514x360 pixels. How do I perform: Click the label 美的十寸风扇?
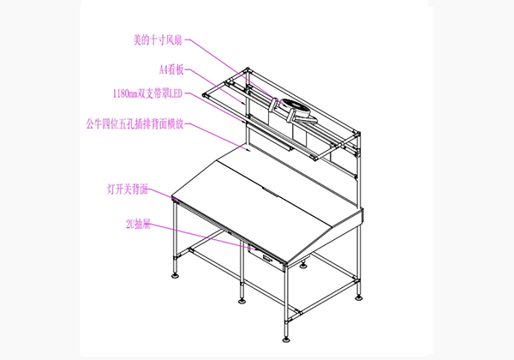(158, 40)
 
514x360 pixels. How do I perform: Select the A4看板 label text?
(171, 69)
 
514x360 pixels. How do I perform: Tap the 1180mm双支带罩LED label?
(147, 93)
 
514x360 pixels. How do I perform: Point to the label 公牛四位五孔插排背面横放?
(134, 124)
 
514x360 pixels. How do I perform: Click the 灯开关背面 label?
(128, 189)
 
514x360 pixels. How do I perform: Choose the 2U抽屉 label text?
(138, 225)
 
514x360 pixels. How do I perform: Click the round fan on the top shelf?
(296, 108)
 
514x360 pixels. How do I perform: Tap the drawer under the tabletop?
(266, 258)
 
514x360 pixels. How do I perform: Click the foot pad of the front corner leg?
(286, 339)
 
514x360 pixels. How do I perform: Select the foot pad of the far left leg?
(176, 275)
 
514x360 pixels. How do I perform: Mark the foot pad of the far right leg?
(359, 297)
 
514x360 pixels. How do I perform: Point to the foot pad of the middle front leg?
(242, 301)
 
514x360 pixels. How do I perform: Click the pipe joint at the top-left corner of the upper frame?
(248, 70)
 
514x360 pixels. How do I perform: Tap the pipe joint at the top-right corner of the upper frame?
(357, 134)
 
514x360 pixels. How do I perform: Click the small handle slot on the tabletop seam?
(270, 192)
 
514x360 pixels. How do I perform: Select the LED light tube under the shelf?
(270, 136)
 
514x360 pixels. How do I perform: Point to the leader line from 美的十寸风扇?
(236, 72)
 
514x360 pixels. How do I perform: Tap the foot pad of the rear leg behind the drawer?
(303, 265)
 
